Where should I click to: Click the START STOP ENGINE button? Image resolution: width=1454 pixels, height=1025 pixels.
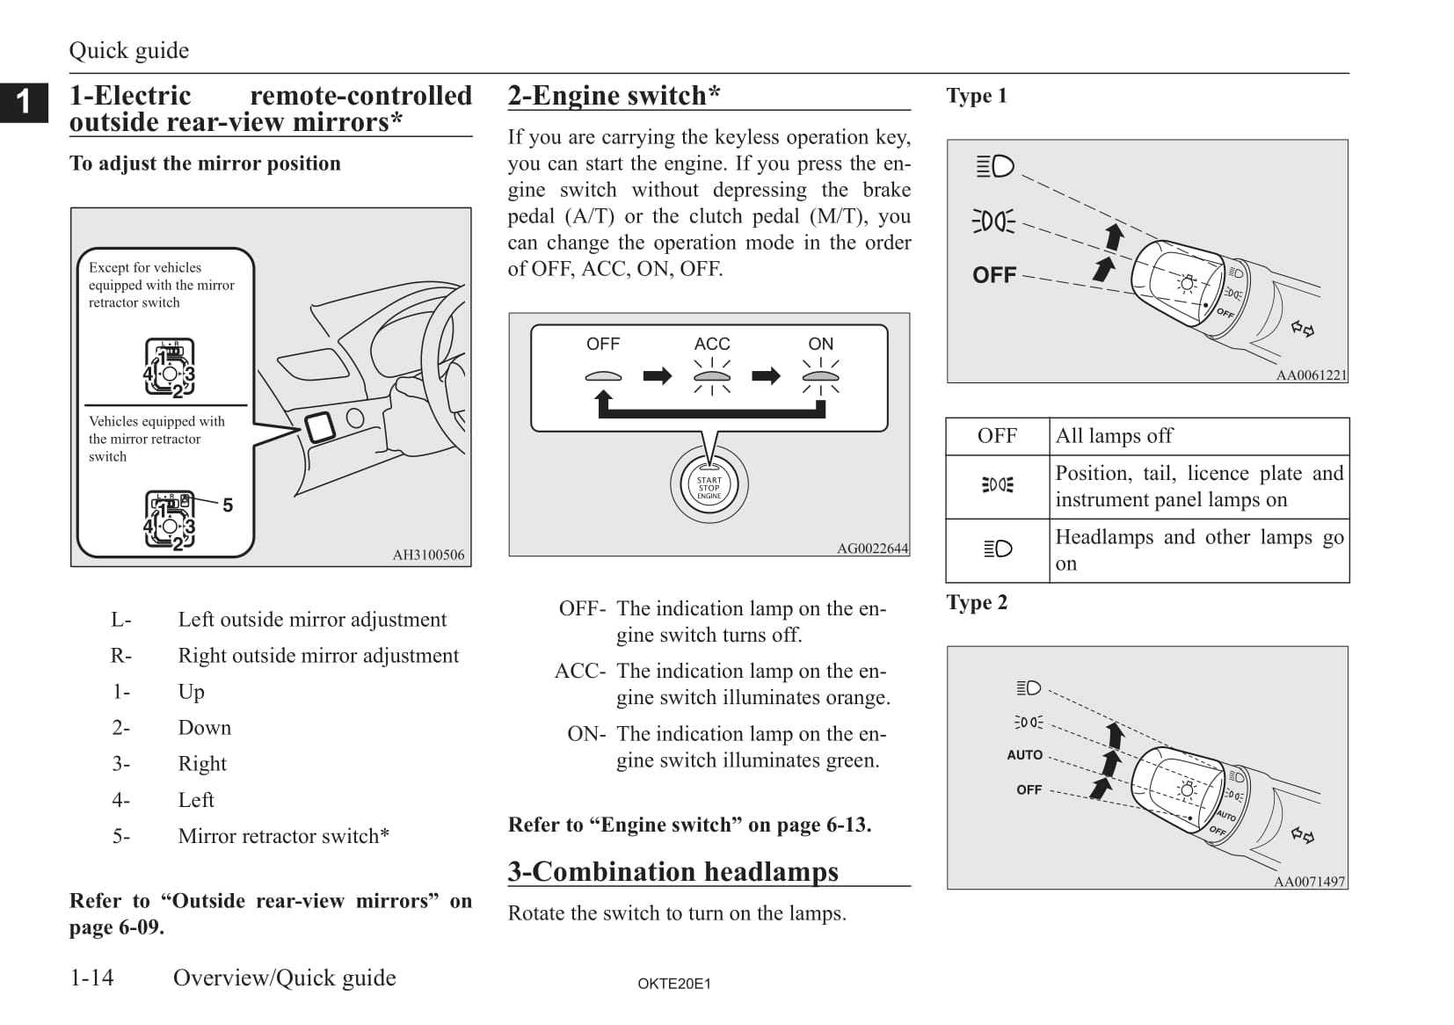[x=709, y=487]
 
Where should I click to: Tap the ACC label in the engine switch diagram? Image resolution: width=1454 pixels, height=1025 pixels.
[x=711, y=344]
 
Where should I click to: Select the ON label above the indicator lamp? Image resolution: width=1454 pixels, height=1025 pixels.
[x=820, y=344]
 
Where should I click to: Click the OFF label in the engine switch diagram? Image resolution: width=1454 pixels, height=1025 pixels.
[x=603, y=344]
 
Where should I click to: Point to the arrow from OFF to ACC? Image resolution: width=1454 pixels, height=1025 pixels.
[x=657, y=376]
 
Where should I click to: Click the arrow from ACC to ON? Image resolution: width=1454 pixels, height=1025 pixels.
[x=766, y=376]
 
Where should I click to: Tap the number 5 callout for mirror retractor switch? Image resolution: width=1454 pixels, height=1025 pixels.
[x=228, y=505]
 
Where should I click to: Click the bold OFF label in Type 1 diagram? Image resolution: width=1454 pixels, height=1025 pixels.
[x=994, y=275]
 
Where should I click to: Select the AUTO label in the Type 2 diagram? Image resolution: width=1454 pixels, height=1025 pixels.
[x=1024, y=755]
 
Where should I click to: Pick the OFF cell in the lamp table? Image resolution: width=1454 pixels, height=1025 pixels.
[x=997, y=436]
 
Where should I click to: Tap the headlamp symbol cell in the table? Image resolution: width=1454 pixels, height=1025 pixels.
[x=998, y=549]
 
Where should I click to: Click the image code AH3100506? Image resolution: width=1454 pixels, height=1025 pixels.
[x=428, y=555]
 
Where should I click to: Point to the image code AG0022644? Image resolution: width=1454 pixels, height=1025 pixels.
[x=872, y=549]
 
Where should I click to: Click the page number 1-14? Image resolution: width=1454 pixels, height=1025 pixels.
[x=92, y=978]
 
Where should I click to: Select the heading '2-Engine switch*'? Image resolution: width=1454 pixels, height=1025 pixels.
[x=614, y=95]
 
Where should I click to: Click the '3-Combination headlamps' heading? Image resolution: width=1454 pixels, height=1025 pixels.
[x=672, y=871]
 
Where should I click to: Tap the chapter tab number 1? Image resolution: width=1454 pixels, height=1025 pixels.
[x=24, y=102]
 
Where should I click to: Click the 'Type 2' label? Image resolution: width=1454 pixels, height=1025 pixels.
[x=977, y=602]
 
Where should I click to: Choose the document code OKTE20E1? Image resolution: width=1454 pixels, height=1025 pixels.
[x=674, y=984]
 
